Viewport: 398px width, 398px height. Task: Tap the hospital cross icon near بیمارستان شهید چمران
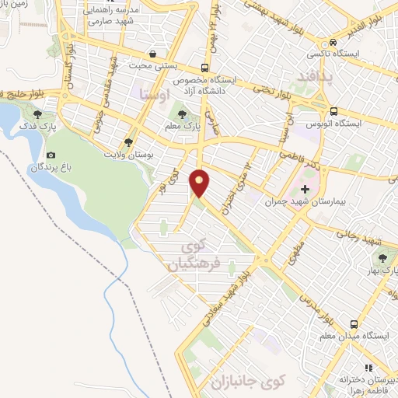coord(305,189)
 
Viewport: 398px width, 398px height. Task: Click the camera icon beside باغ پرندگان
coord(51,155)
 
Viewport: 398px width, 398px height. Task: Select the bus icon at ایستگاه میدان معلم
coord(354,323)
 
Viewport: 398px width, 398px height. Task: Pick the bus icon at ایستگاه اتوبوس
coord(333,110)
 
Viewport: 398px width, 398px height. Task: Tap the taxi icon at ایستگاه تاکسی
coord(333,42)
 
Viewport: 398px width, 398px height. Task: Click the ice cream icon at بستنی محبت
coord(154,55)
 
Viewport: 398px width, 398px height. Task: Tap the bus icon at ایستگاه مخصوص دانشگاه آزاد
coord(204,68)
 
